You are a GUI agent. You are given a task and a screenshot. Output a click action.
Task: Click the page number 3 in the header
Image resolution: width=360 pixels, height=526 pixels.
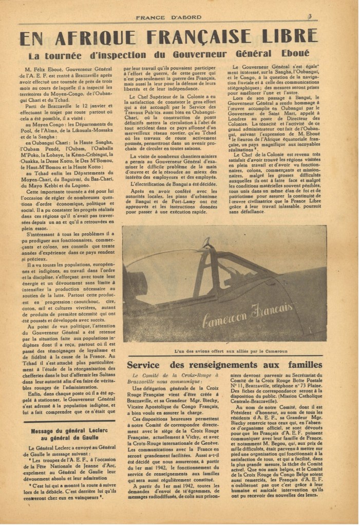[x=310, y=16]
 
